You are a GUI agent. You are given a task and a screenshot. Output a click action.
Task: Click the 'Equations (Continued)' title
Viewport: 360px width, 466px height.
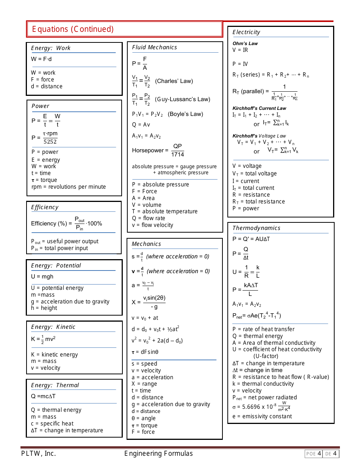73,29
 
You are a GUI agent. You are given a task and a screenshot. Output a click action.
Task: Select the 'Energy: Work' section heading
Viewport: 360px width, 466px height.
51,48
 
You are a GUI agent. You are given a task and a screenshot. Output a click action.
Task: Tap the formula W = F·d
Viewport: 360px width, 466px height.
41,59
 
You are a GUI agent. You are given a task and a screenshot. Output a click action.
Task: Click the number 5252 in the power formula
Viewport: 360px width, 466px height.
50,142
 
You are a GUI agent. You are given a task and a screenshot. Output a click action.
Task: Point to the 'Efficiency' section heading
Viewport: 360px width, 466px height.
45,207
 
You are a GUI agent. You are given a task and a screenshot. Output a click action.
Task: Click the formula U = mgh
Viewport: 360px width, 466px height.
42,277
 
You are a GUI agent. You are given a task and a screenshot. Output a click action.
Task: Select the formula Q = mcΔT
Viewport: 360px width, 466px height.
43,396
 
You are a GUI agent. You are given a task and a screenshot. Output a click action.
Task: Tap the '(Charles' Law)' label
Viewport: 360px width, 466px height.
174,81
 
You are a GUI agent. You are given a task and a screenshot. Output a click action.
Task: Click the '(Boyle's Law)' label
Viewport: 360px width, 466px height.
185,114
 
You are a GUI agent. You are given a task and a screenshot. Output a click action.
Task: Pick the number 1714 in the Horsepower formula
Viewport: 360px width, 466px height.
177,155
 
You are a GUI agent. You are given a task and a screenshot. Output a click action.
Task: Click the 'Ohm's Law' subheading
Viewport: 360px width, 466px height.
245,44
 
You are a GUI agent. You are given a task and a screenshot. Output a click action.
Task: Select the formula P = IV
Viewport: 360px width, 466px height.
240,64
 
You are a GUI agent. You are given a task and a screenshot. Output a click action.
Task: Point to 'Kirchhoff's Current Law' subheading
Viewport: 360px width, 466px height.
259,108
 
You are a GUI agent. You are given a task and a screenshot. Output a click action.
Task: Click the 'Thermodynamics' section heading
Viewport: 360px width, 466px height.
256,228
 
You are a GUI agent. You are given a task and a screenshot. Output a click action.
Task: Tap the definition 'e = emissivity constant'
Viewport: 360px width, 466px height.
262,416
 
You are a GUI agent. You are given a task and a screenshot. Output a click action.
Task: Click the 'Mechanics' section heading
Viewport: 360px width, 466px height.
146,244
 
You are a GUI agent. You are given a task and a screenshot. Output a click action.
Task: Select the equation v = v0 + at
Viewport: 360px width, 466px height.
145,318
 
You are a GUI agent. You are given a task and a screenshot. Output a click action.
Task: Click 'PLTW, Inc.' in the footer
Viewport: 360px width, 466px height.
38,453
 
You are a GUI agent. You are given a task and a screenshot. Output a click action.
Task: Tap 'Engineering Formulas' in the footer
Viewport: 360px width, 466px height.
158,453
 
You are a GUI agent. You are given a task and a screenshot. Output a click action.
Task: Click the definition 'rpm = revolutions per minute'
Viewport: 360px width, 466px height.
69,187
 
